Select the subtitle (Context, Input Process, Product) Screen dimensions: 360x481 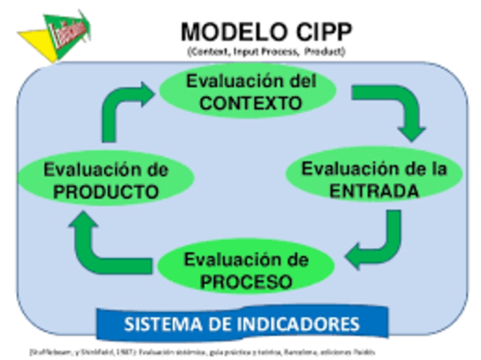[x=266, y=51]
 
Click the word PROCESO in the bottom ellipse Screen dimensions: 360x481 [x=246, y=283]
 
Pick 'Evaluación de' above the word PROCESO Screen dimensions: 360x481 [x=246, y=261]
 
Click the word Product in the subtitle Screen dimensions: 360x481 [x=328, y=51]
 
